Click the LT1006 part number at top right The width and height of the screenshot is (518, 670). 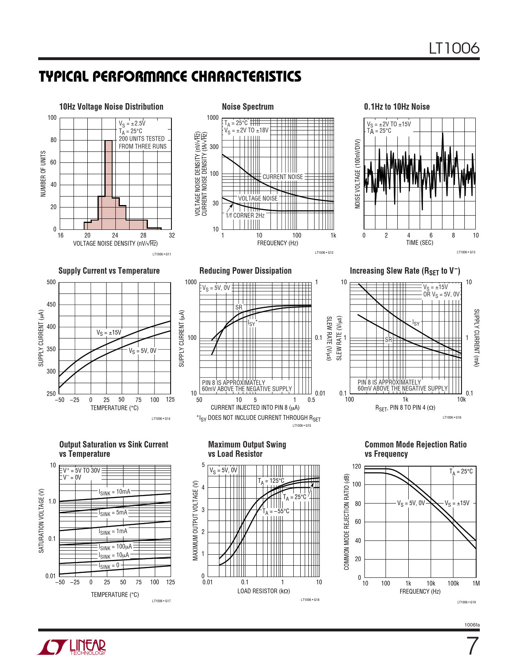click(x=454, y=48)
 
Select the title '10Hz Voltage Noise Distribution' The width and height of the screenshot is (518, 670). click(x=111, y=107)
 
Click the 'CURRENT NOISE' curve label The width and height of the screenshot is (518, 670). click(x=283, y=177)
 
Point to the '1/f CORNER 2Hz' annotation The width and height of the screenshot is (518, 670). click(x=245, y=216)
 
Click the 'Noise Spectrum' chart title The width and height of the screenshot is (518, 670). click(x=248, y=107)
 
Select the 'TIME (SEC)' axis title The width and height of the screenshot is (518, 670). click(x=420, y=243)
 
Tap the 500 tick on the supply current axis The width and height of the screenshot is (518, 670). click(x=51, y=282)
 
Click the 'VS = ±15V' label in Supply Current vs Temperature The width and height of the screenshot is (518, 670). click(x=108, y=333)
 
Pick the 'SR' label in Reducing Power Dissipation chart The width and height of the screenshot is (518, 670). click(x=239, y=307)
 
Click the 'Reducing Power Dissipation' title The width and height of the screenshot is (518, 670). click(x=245, y=271)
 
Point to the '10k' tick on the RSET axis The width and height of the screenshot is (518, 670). click(x=461, y=400)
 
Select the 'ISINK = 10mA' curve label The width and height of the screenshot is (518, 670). click(x=115, y=492)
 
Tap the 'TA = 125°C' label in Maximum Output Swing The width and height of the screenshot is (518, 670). click(x=271, y=481)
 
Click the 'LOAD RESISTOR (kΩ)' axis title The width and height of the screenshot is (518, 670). click(x=264, y=591)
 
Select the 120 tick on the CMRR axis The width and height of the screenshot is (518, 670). click(x=356, y=466)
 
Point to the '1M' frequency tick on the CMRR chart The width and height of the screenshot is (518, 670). click(x=476, y=584)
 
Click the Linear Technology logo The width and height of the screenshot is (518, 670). click(x=72, y=647)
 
